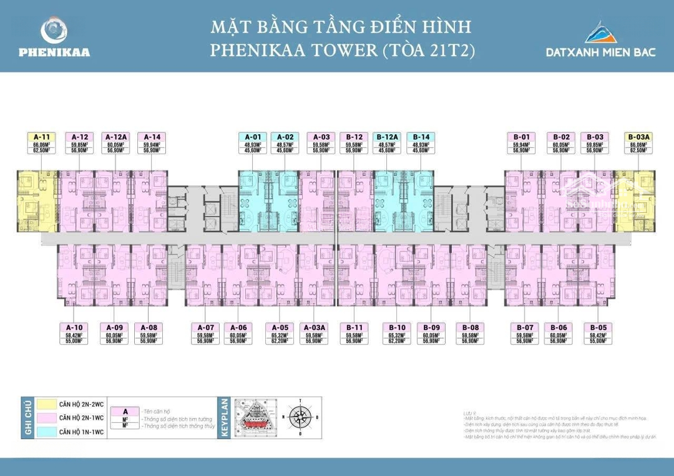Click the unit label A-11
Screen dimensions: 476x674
tap(41, 137)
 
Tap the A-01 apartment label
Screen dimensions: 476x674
tap(253, 137)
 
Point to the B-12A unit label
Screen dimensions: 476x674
tap(388, 137)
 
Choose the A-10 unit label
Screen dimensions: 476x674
tap(74, 327)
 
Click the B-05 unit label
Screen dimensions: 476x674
tap(598, 327)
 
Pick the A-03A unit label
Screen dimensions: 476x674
tap(314, 327)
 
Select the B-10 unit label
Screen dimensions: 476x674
tap(398, 327)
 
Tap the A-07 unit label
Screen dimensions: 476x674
tap(206, 327)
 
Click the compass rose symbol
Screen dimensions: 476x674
tap(300, 417)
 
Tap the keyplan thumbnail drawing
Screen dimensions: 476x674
tap(255, 417)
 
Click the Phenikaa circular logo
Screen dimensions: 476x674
tap(54, 30)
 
